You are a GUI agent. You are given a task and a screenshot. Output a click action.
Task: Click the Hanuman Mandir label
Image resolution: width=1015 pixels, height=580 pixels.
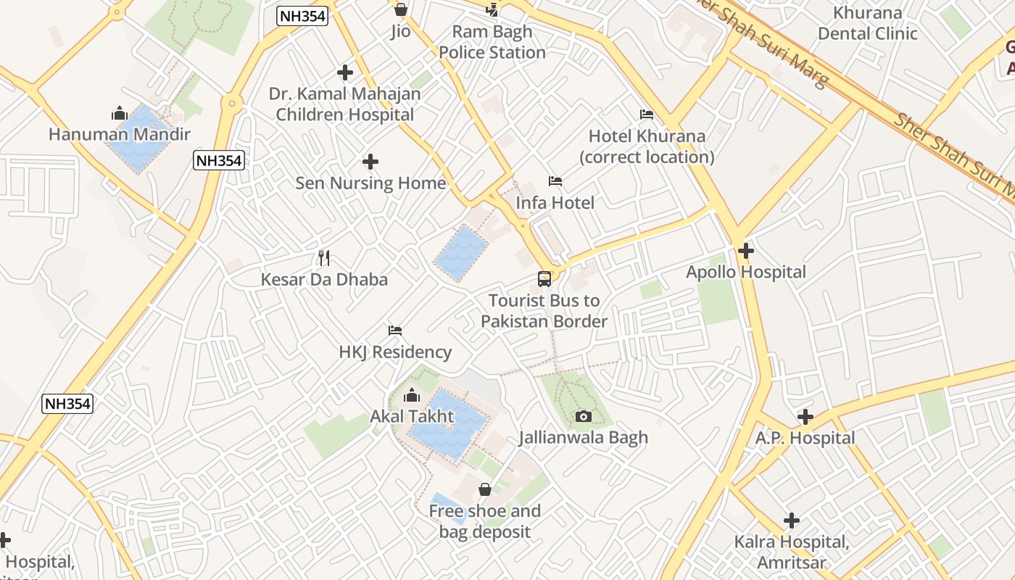(120, 134)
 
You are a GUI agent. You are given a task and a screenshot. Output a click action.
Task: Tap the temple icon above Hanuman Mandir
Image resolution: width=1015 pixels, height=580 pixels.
(120, 113)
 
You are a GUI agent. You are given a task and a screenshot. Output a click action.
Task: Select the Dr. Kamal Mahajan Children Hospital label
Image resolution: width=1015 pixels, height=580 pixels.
(344, 104)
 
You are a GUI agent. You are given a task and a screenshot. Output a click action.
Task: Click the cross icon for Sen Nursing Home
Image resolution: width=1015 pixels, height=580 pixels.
(370, 161)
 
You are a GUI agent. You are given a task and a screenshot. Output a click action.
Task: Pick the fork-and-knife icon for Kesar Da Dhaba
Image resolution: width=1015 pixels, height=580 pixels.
(324, 257)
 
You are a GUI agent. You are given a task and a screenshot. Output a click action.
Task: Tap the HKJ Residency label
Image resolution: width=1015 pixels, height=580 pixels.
(395, 352)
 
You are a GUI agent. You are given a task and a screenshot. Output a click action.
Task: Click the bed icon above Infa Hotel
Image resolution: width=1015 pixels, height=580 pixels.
(555, 181)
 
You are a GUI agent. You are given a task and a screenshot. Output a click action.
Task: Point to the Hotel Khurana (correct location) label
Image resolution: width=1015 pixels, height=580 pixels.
(647, 146)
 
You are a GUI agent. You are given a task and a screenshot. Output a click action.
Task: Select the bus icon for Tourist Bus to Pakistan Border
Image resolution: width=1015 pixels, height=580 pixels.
(544, 278)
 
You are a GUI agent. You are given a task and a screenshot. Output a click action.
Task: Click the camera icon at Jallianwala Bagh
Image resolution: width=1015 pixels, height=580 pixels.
(583, 416)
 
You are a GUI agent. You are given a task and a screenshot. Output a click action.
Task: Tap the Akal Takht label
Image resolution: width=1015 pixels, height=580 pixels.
(412, 416)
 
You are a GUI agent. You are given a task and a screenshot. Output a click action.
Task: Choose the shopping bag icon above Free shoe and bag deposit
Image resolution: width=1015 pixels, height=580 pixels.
(485, 490)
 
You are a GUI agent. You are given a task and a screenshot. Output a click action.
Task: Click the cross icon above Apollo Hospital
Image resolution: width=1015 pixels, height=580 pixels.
(745, 251)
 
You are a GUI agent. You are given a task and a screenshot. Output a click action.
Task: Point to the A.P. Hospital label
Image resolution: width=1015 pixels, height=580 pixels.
(805, 438)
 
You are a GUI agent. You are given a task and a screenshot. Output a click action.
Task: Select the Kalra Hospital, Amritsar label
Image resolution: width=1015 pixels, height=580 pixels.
(791, 552)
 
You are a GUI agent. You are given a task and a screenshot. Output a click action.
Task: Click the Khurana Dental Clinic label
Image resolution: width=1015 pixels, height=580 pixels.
(867, 23)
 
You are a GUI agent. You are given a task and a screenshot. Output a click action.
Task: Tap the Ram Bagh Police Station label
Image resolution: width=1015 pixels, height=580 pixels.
(492, 42)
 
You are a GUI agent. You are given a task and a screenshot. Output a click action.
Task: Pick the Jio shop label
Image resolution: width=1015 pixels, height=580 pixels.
(400, 31)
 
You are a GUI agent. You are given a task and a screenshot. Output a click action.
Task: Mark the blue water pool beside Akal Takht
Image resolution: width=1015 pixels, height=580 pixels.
(446, 424)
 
